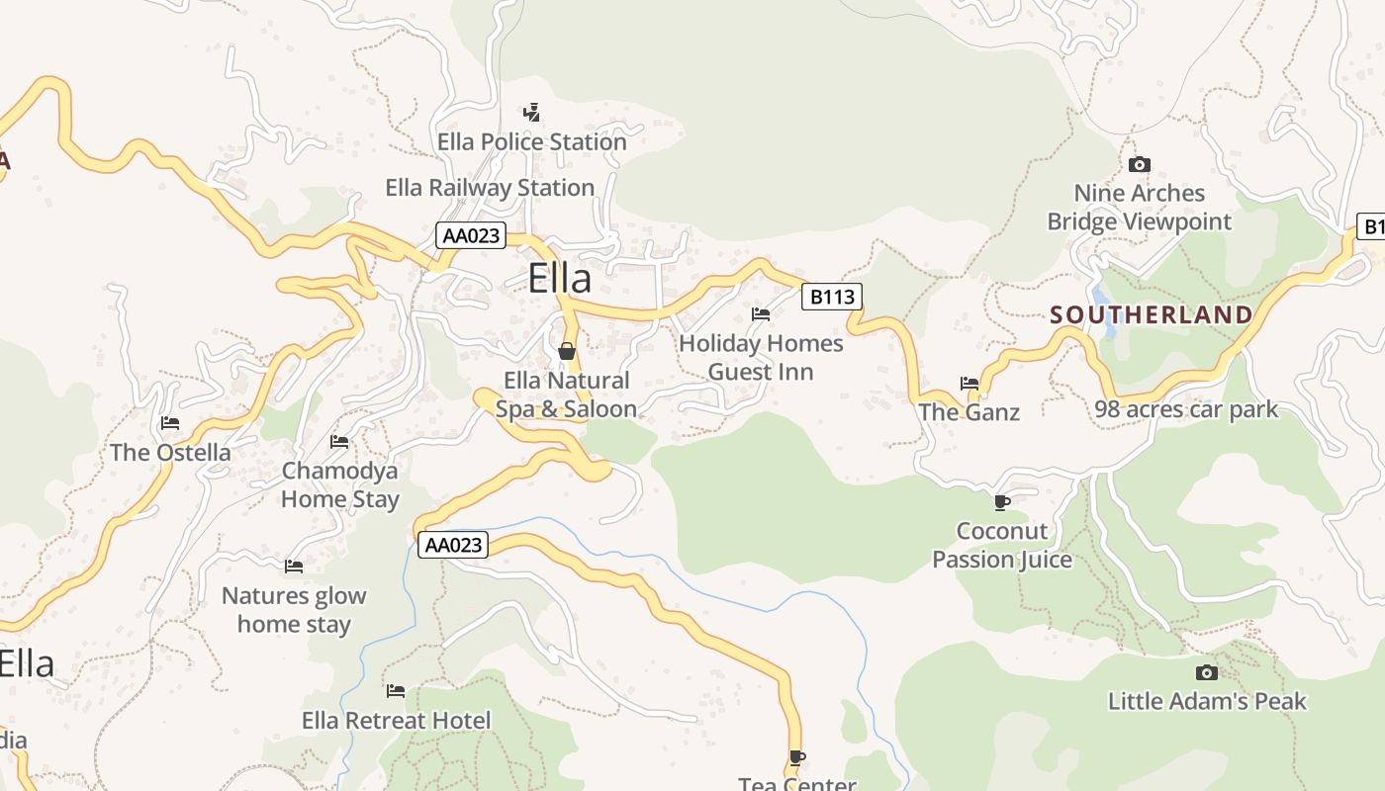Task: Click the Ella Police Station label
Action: point(532,142)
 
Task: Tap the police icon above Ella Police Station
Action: point(532,112)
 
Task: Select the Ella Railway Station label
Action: point(490,188)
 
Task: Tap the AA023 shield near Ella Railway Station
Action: point(471,235)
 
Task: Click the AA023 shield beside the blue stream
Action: point(453,545)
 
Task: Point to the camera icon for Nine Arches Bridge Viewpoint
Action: point(1140,164)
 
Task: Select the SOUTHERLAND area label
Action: point(1151,315)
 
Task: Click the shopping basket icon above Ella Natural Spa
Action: point(567,351)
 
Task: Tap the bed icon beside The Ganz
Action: point(969,383)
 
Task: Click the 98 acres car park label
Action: point(1186,409)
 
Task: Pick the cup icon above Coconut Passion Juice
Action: point(1001,502)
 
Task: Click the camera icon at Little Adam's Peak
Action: point(1206,672)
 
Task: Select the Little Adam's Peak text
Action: point(1206,702)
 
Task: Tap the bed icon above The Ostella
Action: point(170,423)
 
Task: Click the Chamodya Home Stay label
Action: point(339,484)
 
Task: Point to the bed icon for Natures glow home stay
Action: point(294,567)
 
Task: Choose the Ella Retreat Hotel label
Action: point(396,721)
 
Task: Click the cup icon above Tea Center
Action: point(796,758)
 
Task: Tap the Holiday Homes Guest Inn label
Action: point(761,358)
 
